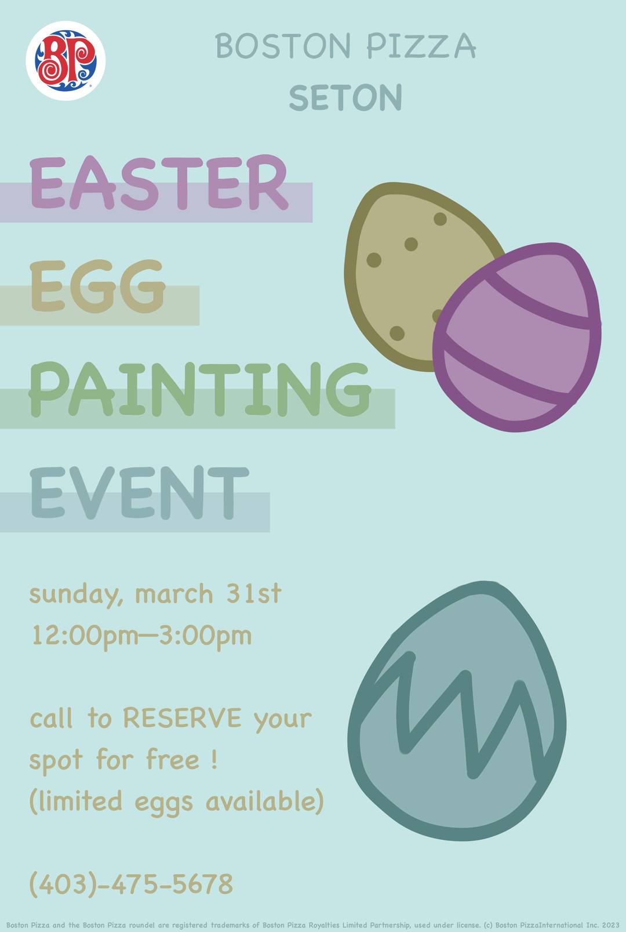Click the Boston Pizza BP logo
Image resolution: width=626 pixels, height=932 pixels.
[65, 61]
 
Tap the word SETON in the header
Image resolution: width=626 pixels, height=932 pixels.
[345, 97]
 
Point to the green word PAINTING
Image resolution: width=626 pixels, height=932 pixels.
[199, 389]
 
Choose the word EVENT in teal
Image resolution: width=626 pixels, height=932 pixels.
[139, 492]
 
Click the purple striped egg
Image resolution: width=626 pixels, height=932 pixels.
[516, 337]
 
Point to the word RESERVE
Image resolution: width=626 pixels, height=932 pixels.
[182, 717]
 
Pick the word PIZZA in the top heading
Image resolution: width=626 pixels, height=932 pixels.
[421, 46]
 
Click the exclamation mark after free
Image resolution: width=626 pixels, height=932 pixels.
[214, 759]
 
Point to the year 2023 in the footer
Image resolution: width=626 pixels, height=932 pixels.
[610, 925]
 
